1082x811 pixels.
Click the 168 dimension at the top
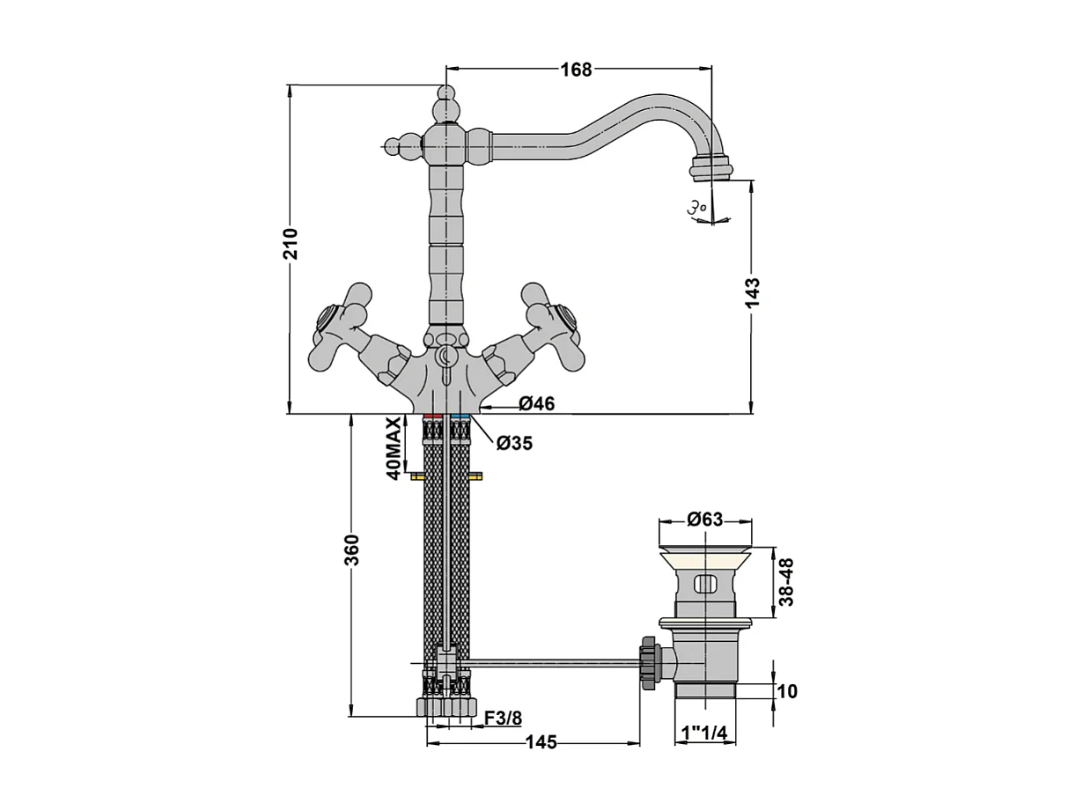577,69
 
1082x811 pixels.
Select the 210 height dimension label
291,244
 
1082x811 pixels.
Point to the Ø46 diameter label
536,404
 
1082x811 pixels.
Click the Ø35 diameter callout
514,444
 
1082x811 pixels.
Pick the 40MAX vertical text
395,448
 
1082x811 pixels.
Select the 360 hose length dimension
351,550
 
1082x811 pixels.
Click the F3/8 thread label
504,719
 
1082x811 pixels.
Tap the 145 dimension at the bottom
541,742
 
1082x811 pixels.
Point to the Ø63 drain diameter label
705,520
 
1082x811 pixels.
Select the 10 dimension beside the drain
787,691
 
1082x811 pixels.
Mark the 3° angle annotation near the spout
700,208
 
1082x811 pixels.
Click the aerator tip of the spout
712,166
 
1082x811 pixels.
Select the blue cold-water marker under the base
460,417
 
